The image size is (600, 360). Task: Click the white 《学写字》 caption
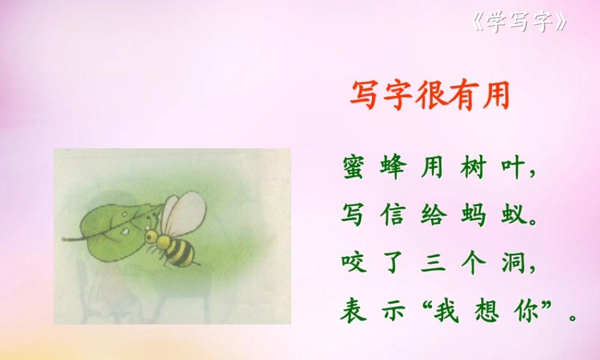tap(520, 23)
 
